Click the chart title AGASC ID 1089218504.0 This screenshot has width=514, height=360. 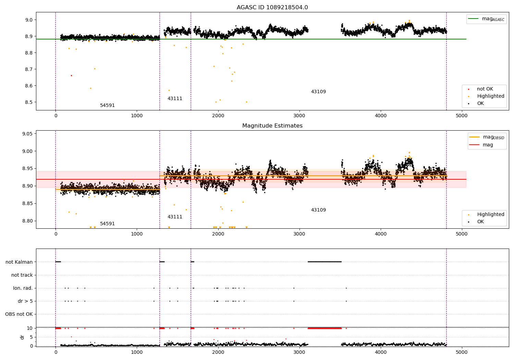tap(272, 8)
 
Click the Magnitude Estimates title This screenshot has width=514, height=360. tap(272, 126)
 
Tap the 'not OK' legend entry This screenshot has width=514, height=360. tap(485, 89)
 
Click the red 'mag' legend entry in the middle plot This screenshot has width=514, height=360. tap(488, 145)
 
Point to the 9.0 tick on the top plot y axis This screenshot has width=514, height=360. tap(28, 20)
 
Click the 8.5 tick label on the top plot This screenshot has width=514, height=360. tap(28, 102)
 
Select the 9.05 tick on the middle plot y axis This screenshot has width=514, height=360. tap(27, 134)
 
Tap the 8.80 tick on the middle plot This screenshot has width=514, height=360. tap(27, 221)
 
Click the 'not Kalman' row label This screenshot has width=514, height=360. tap(19, 262)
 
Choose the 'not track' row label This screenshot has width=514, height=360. tap(22, 275)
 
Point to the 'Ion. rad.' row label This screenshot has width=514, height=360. tap(23, 288)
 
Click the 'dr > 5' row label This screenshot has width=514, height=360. tap(25, 301)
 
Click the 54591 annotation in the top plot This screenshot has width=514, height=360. tap(107, 106)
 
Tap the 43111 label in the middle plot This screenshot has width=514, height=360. tap(175, 217)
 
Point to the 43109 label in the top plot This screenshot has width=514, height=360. tap(318, 92)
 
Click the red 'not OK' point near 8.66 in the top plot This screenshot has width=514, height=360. tap(71, 75)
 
